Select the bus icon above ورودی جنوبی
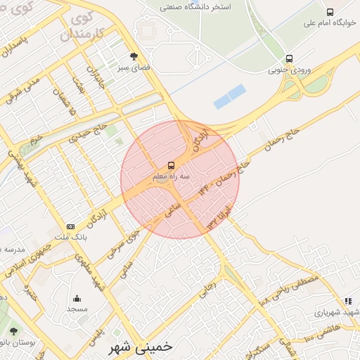pos(289,59)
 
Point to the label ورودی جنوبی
pos(288,70)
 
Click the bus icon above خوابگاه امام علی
pos(330,12)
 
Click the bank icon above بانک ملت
pos(70,226)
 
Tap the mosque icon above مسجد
pos(76,298)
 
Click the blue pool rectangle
pos(229,96)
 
